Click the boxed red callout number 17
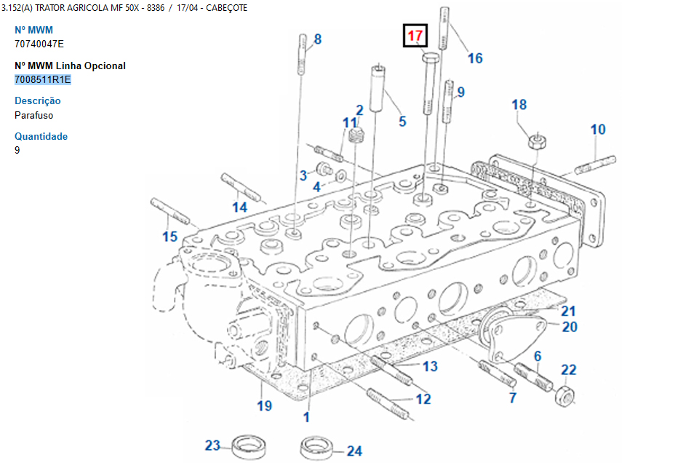(x=415, y=36)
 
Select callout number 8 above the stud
(x=317, y=39)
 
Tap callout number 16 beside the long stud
(x=474, y=58)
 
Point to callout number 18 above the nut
(x=519, y=105)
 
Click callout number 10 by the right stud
(x=597, y=130)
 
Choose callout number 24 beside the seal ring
(x=354, y=451)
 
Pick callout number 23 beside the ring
(x=212, y=446)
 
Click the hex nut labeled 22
(x=567, y=395)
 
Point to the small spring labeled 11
(x=356, y=135)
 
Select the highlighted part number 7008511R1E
(x=43, y=79)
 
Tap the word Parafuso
(x=33, y=115)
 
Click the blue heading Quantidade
(x=41, y=136)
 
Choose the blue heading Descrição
(x=38, y=101)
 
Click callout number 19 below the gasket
(x=264, y=405)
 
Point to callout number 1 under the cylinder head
(x=306, y=417)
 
